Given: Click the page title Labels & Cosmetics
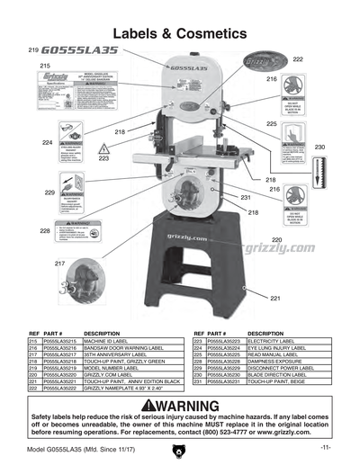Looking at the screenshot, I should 179,33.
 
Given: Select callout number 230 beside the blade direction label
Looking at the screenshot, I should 319,146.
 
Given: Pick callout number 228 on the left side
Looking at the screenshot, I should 44,230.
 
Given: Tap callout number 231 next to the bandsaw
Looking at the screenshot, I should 245,197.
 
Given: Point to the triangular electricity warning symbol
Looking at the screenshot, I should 104,148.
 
